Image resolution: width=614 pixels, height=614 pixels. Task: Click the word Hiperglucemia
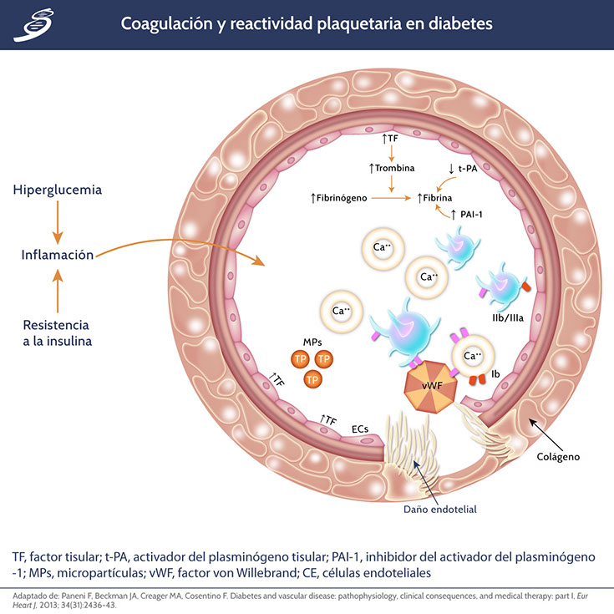click(x=56, y=190)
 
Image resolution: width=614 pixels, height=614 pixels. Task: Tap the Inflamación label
click(x=58, y=255)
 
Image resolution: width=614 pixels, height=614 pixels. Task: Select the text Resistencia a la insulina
click(x=56, y=332)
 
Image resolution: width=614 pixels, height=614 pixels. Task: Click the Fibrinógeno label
click(x=343, y=198)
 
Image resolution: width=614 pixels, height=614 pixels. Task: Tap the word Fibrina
click(x=434, y=198)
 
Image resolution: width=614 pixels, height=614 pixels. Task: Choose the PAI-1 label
click(x=474, y=215)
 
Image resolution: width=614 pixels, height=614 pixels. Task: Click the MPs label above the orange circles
click(x=311, y=343)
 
